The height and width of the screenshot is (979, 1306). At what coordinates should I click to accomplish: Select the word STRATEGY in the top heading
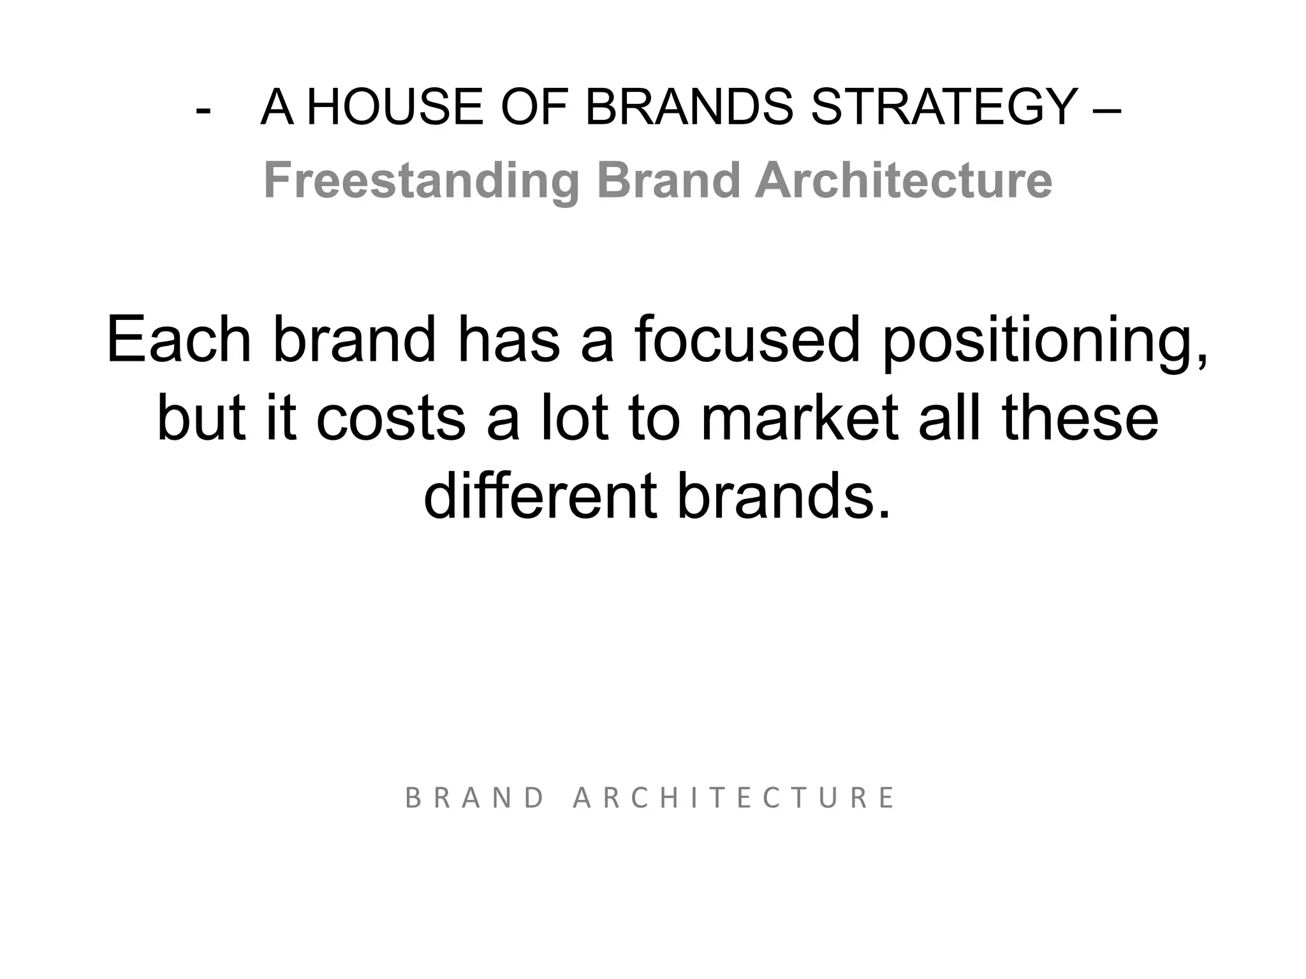(944, 107)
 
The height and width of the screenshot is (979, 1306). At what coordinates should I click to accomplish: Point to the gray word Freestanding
(422, 181)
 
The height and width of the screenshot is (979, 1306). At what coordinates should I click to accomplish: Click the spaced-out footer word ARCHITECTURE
(734, 798)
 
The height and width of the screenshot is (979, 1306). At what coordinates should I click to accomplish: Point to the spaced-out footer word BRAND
(474, 798)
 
